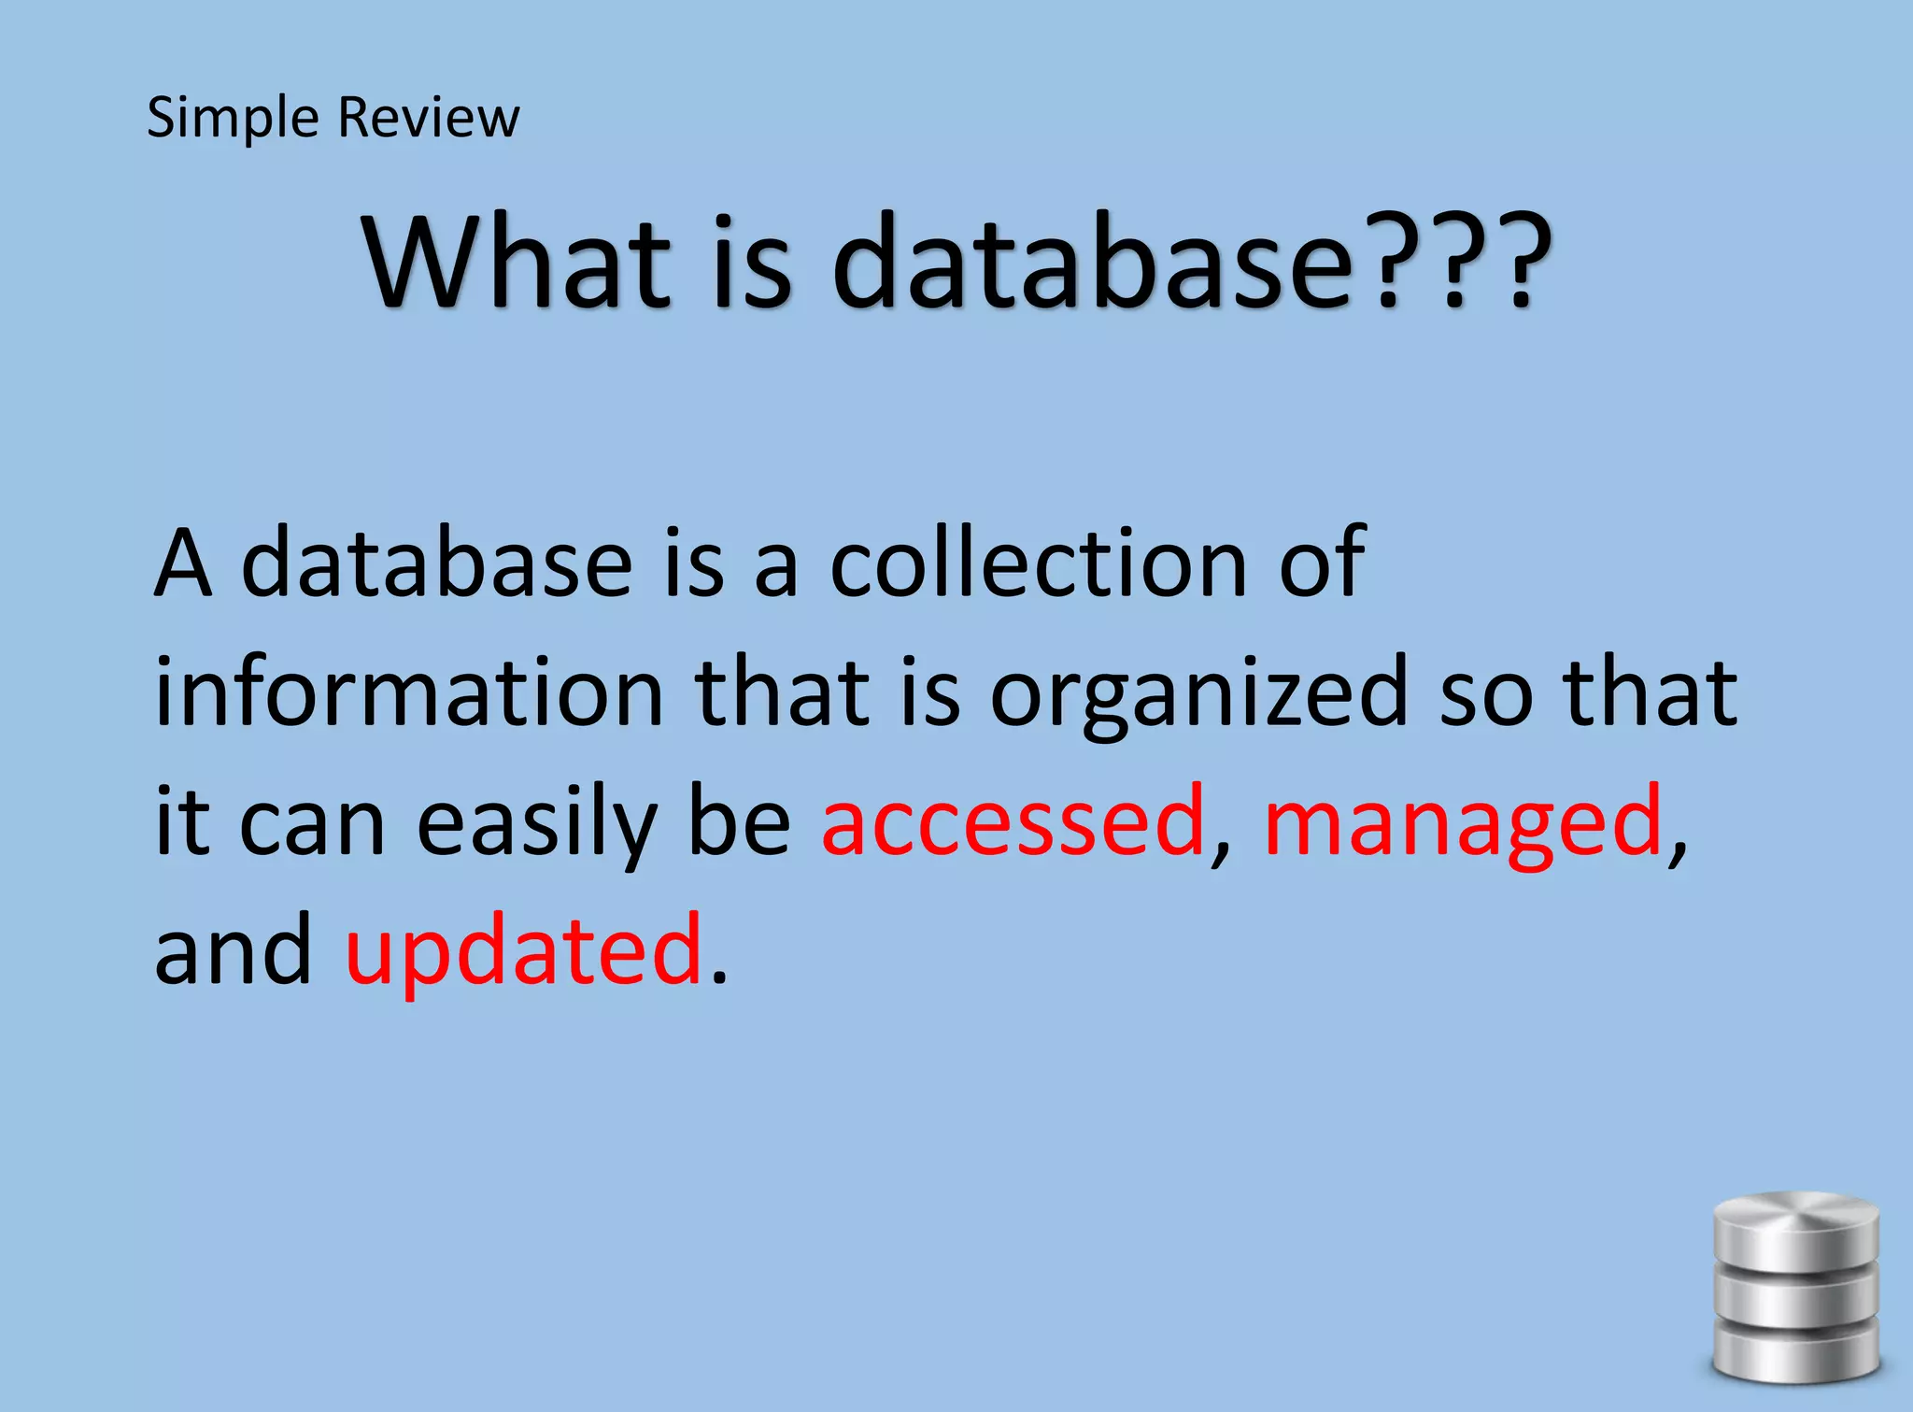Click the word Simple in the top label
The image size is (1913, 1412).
[233, 119]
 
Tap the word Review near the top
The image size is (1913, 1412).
[428, 118]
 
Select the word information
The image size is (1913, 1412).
[408, 692]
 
